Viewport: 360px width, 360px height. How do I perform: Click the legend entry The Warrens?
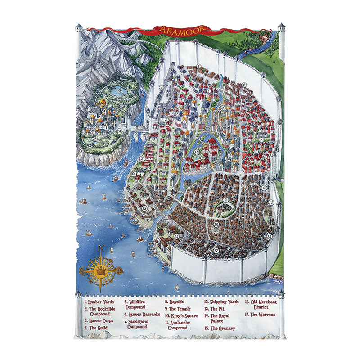click(261, 314)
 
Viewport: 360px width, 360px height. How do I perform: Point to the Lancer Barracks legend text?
click(142, 315)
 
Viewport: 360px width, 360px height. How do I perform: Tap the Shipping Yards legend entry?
click(221, 302)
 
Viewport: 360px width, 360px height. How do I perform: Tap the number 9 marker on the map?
click(225, 200)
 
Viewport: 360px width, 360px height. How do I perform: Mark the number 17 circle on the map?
click(216, 250)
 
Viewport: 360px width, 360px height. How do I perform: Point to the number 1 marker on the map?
click(198, 67)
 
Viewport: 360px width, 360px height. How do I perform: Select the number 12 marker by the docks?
click(144, 208)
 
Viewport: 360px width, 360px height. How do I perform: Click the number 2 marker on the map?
click(244, 84)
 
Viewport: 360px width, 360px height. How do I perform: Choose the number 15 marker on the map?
click(177, 236)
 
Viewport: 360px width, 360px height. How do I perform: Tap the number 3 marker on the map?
click(161, 87)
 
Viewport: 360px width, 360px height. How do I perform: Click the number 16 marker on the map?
click(216, 224)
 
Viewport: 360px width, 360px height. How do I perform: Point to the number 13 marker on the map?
click(269, 236)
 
